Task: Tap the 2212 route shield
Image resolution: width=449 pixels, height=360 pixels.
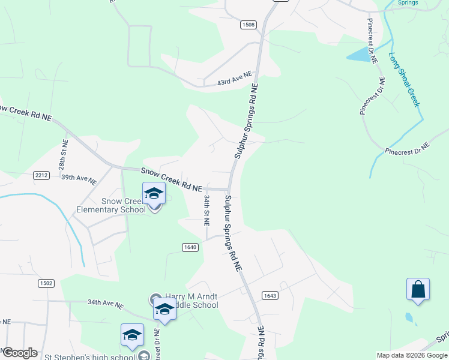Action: pyautogui.click(x=41, y=175)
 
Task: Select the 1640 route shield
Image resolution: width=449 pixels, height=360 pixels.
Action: pyautogui.click(x=190, y=247)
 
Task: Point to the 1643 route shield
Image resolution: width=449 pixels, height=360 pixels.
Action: pyautogui.click(x=270, y=295)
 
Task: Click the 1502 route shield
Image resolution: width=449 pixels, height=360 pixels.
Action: pyautogui.click(x=46, y=283)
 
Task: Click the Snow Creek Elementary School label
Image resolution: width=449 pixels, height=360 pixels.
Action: pyautogui.click(x=111, y=205)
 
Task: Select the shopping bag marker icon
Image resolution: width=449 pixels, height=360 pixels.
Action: pyautogui.click(x=418, y=290)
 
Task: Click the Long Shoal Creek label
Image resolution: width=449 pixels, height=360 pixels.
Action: pyautogui.click(x=403, y=79)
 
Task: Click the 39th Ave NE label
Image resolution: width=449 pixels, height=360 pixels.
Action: pyautogui.click(x=79, y=179)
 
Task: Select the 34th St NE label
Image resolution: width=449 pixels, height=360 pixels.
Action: pyautogui.click(x=206, y=209)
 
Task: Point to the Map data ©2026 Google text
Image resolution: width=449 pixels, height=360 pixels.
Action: pyautogui.click(x=412, y=355)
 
